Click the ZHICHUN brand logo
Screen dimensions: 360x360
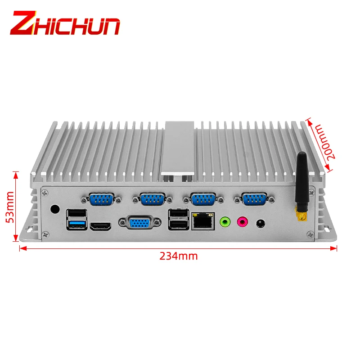point(65,23)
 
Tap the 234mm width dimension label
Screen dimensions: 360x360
point(178,256)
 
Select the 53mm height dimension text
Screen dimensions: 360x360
point(9,207)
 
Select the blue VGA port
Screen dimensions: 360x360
point(139,223)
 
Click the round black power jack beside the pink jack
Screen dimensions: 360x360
point(260,222)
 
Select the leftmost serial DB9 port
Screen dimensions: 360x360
point(101,198)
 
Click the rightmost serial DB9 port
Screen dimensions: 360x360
point(254,198)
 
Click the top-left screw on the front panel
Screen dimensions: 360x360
point(45,192)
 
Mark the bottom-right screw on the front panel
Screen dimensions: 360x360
point(309,233)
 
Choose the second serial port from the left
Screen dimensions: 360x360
point(152,198)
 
